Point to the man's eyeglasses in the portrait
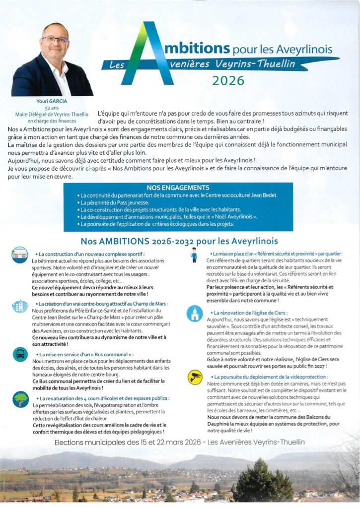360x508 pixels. [55, 39]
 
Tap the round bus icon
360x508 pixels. [20, 354]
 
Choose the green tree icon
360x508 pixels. [20, 399]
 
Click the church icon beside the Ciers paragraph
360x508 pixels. [194, 314]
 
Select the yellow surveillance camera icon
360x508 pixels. [195, 378]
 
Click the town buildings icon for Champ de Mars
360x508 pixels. [20, 306]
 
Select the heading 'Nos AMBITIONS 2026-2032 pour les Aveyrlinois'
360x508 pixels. [179, 242]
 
